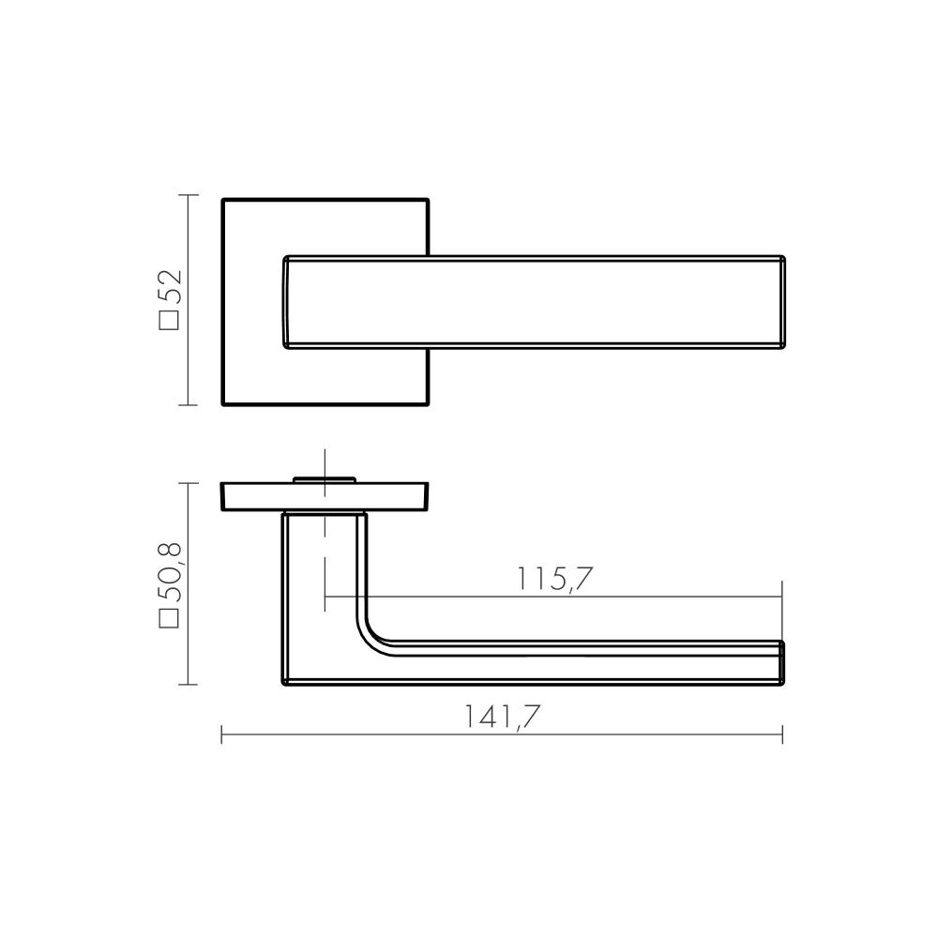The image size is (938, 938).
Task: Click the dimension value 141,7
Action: pyautogui.click(x=503, y=716)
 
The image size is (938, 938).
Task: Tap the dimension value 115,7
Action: pyautogui.click(x=554, y=579)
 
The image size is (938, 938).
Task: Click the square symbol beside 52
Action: pyautogui.click(x=169, y=320)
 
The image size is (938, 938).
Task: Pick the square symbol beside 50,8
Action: pyautogui.click(x=169, y=618)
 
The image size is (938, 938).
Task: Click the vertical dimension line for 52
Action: pyautogui.click(x=189, y=300)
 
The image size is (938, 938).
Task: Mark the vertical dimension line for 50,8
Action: pyautogui.click(x=189, y=583)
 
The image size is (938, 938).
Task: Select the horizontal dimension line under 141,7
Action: pyautogui.click(x=502, y=734)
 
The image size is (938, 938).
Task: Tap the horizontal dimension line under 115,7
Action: pyautogui.click(x=553, y=597)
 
